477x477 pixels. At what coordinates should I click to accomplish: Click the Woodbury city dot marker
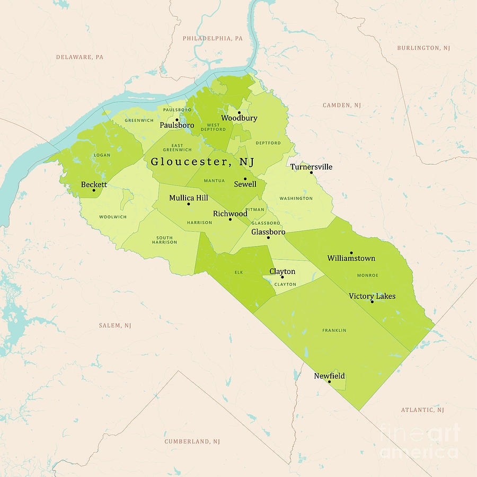coord(239,112)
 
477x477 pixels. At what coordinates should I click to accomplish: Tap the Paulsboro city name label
coord(177,126)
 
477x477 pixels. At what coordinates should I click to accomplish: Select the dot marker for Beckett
coord(94,190)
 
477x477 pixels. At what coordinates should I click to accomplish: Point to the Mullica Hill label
coord(189,198)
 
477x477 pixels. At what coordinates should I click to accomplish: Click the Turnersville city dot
coord(311,172)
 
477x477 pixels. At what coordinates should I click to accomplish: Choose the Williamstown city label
coord(351,258)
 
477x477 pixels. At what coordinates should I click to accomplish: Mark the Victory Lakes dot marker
coord(372,302)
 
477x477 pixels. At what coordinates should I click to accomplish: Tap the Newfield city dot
coord(329,382)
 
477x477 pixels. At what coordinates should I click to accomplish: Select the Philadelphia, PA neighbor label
coord(213,39)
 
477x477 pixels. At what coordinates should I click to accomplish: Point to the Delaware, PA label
coord(79,57)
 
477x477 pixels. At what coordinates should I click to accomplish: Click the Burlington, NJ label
coord(423,48)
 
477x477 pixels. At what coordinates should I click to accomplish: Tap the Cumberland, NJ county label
coord(192,441)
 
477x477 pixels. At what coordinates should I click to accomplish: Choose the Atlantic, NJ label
coord(422,410)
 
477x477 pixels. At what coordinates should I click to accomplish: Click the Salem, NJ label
coord(114,325)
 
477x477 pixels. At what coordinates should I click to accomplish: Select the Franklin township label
coord(334,330)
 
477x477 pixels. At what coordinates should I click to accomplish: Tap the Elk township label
coord(238,273)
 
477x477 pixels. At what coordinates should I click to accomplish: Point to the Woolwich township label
coord(112,217)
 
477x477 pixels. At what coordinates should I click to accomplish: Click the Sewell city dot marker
coord(245,179)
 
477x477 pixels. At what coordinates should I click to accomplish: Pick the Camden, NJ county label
coord(342,105)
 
